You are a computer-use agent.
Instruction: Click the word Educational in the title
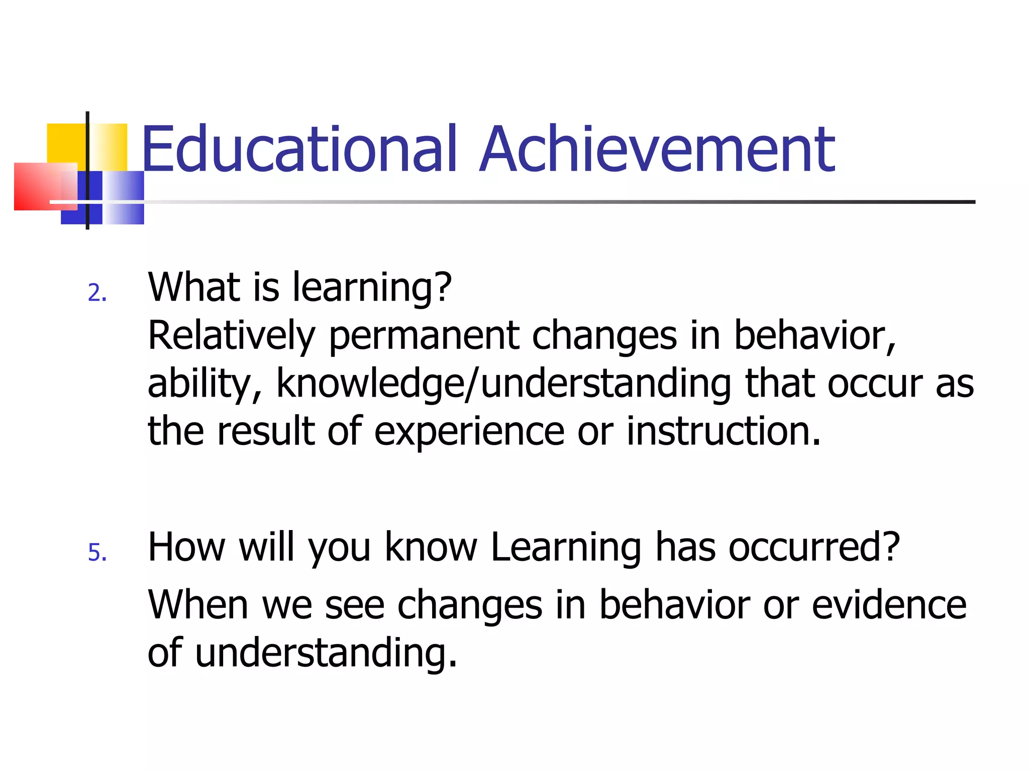299,149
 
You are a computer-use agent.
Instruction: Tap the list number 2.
96,293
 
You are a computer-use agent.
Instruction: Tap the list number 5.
97,553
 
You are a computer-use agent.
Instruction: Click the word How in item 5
186,547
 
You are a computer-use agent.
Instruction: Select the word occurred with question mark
814,547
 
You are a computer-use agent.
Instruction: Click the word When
198,605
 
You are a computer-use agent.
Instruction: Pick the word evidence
889,605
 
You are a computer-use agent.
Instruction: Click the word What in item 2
193,287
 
